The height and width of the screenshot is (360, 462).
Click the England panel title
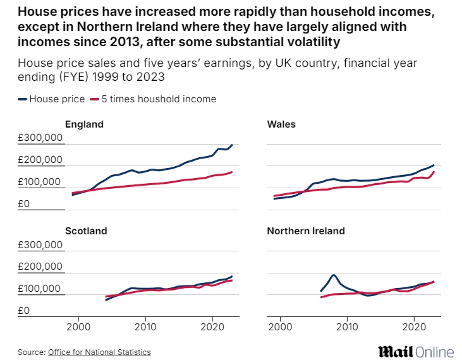tap(84, 124)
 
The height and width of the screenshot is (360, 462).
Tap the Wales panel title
tap(281, 124)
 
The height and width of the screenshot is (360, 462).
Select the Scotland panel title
tap(86, 231)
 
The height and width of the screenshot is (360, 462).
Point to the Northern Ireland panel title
tap(306, 231)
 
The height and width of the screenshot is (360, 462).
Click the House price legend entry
tap(52, 99)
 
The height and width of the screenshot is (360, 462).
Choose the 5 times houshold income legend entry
tap(154, 99)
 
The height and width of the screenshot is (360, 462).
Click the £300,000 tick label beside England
tap(41, 138)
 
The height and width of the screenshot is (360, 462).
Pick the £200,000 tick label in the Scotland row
tap(41, 267)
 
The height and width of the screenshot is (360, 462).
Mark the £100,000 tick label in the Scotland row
tap(41, 289)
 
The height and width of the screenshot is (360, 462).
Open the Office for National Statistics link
tap(99, 352)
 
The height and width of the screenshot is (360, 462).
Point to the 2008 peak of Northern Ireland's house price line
tap(333, 275)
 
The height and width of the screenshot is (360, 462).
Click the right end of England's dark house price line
tap(232, 145)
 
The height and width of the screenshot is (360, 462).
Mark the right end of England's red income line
tap(232, 172)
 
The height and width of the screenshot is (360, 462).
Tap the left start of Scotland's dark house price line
tap(106, 300)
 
